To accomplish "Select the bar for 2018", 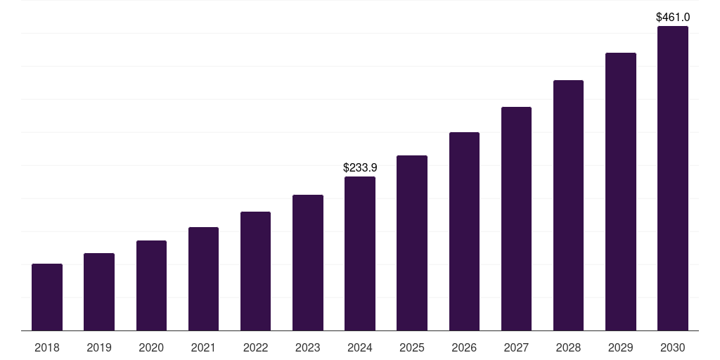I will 47,297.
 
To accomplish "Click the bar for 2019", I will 99,292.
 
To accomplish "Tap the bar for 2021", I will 203,278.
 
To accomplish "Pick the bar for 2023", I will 308,262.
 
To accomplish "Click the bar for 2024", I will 360,253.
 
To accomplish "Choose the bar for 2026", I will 464,231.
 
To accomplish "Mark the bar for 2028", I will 568,205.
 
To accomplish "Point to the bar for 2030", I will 673,178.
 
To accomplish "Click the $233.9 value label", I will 360,168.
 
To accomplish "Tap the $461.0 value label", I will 673,17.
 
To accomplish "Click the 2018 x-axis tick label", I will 47,348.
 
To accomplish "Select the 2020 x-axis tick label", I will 151,348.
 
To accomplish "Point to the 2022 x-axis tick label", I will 255,348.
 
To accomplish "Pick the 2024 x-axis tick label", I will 360,348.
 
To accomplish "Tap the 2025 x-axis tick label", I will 412,348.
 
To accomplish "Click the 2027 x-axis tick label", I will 516,348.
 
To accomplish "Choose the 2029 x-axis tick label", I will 620,348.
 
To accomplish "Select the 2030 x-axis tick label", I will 673,348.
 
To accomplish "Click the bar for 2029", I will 621,191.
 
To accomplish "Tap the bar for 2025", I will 412,243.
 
